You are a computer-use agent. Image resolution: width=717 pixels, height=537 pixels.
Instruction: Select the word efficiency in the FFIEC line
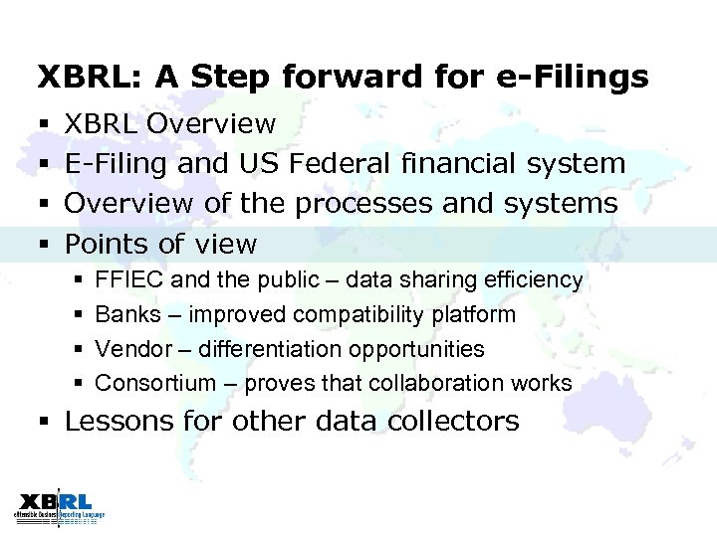534,281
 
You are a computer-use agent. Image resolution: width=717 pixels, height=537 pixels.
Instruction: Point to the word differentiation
267,349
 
